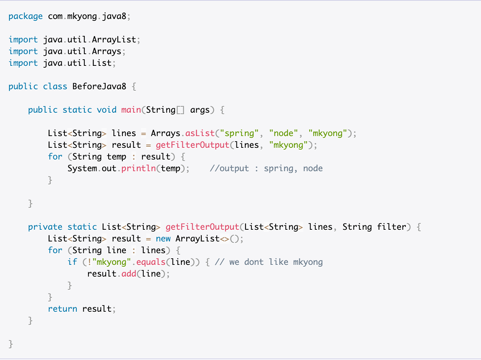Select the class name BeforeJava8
[x=99, y=86]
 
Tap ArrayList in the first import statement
[x=114, y=40]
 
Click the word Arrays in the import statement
[x=106, y=52]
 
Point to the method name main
[x=131, y=110]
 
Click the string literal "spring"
[x=239, y=134]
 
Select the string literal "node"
[x=283, y=133]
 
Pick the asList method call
[x=200, y=133]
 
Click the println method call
[x=139, y=169]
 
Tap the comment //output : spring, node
[x=266, y=169]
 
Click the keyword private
[x=45, y=227]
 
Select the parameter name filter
[x=391, y=227]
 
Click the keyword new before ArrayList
[x=163, y=239]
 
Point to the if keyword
[x=72, y=262]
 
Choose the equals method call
[x=151, y=262]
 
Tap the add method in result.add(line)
[x=129, y=274]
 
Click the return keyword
[x=63, y=309]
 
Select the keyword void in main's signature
[x=106, y=110]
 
